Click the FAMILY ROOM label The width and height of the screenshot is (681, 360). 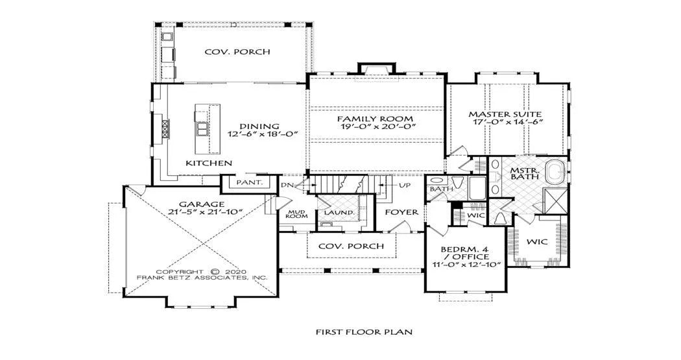tap(376, 119)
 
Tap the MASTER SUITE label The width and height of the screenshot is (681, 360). tap(505, 115)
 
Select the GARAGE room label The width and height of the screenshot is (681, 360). tap(202, 204)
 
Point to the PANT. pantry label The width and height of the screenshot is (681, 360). tap(250, 182)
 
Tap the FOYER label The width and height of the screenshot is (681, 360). tap(401, 212)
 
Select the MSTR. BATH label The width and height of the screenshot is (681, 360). tap(524, 173)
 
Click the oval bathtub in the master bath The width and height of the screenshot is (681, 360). tap(556, 173)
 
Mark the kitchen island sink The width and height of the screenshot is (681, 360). tap(202, 129)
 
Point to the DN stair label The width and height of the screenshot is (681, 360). tap(286, 186)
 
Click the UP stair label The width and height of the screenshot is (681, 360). tap(405, 185)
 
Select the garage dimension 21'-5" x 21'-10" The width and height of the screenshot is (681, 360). tap(205, 212)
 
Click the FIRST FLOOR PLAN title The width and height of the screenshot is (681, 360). tap(364, 332)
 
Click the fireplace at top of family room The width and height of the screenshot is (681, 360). tap(377, 69)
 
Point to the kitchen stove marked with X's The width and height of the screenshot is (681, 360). tap(165, 129)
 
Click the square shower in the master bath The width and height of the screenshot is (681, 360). tap(556, 200)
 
